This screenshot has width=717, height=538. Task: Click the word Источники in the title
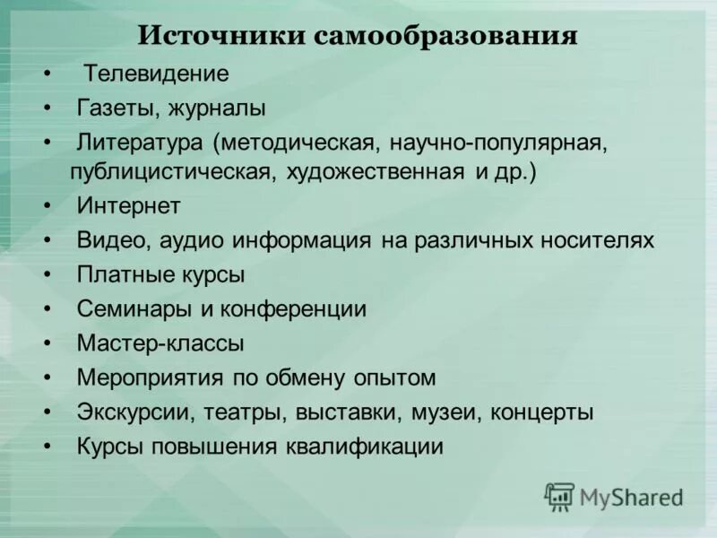coord(220,37)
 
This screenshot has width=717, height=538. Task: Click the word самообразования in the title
coord(445,37)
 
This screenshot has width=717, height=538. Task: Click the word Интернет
coord(128,206)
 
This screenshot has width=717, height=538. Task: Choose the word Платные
coord(119,274)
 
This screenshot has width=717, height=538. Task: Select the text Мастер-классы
coord(160,343)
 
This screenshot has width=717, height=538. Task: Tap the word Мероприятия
coord(149,377)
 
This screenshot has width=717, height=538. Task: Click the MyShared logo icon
coord(559,497)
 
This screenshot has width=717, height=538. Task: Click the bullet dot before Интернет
coord(47,206)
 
